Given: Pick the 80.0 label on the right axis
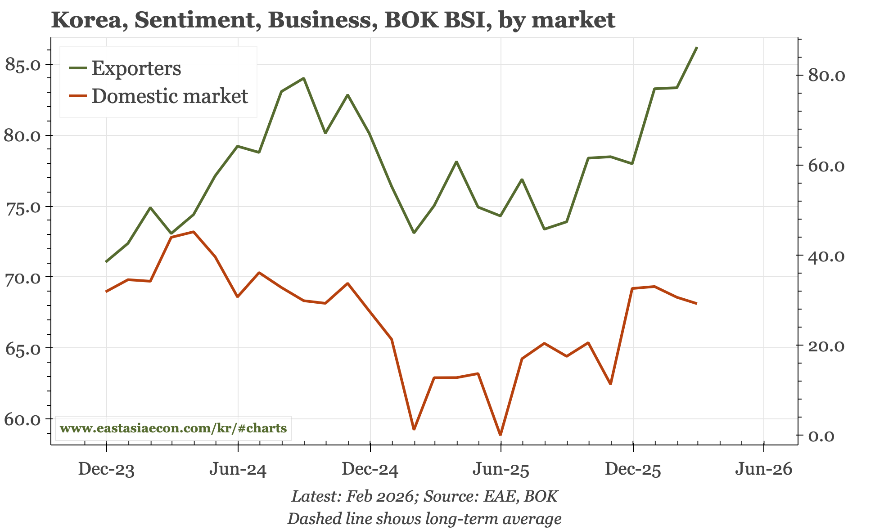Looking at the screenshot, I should point(827,76).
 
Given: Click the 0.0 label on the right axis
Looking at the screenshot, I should point(821,436).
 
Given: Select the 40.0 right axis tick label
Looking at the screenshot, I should point(827,256).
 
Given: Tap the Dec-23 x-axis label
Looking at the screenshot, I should point(106,470).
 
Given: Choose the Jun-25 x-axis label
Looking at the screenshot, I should point(501,470).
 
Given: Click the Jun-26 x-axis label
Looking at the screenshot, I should point(763,470).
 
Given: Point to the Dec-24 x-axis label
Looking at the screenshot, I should point(370,470).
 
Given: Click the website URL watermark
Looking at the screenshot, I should point(173,428).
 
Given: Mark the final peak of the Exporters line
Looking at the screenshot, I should point(697,47).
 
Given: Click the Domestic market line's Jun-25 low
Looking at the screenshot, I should point(501,435).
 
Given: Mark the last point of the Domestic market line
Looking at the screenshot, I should point(697,304).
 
